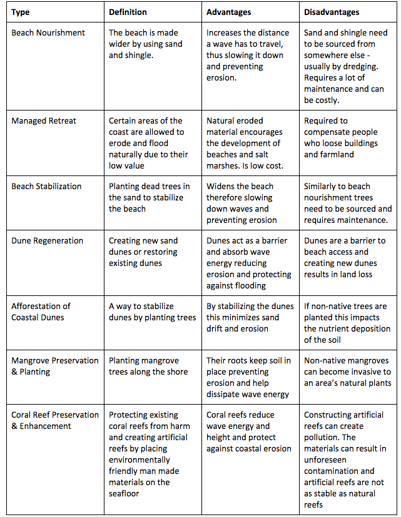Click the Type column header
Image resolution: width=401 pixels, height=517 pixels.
click(x=21, y=12)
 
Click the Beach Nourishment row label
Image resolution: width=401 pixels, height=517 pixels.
click(x=48, y=32)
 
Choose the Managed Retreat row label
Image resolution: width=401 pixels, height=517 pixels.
click(x=43, y=121)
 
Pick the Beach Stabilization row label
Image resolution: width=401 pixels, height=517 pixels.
click(x=46, y=186)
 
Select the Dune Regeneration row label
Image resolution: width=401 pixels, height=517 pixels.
click(x=47, y=240)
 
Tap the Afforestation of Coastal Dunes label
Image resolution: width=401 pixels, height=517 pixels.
click(x=41, y=312)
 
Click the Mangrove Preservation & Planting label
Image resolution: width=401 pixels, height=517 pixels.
click(x=55, y=366)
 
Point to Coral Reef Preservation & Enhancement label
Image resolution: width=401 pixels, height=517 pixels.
click(x=55, y=420)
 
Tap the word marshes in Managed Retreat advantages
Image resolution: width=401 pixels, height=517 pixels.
click(x=223, y=165)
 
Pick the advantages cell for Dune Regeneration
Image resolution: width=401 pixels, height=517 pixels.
click(x=248, y=263)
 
